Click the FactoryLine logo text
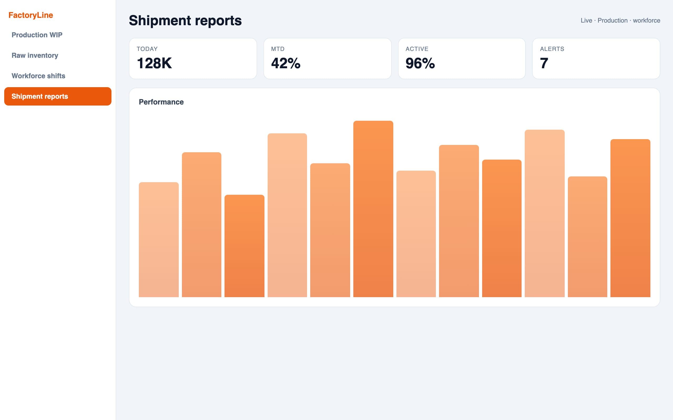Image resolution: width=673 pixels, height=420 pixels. coord(30,15)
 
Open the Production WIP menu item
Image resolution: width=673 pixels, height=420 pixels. coord(37,35)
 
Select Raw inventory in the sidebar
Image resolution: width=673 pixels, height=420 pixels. coord(35,55)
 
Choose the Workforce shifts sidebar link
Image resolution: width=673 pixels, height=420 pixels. coord(38,76)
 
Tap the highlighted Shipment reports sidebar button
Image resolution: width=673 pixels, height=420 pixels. coord(58,96)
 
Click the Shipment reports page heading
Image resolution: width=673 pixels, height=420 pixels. coord(185,20)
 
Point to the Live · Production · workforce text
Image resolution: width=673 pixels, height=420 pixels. coord(620,20)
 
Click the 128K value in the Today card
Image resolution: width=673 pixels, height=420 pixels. coord(154,63)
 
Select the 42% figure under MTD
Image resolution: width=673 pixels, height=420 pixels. coord(286,63)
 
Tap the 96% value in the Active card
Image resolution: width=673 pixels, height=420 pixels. coord(420,63)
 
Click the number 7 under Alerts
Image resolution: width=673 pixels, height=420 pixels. coord(544,63)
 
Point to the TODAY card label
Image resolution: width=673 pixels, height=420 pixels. coord(147,49)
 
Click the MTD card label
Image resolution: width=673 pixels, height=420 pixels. coord(278,49)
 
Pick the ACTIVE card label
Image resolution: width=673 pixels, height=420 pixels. coord(417,49)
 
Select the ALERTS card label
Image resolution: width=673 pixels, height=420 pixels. coord(552,49)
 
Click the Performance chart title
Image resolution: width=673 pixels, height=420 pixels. coord(161,102)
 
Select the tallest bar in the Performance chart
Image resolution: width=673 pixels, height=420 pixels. coord(373,209)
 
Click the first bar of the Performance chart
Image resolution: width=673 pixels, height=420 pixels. coord(159,240)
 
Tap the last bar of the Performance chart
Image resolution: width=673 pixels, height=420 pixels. coord(630,218)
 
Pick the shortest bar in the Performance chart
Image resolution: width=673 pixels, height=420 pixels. coord(244,246)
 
